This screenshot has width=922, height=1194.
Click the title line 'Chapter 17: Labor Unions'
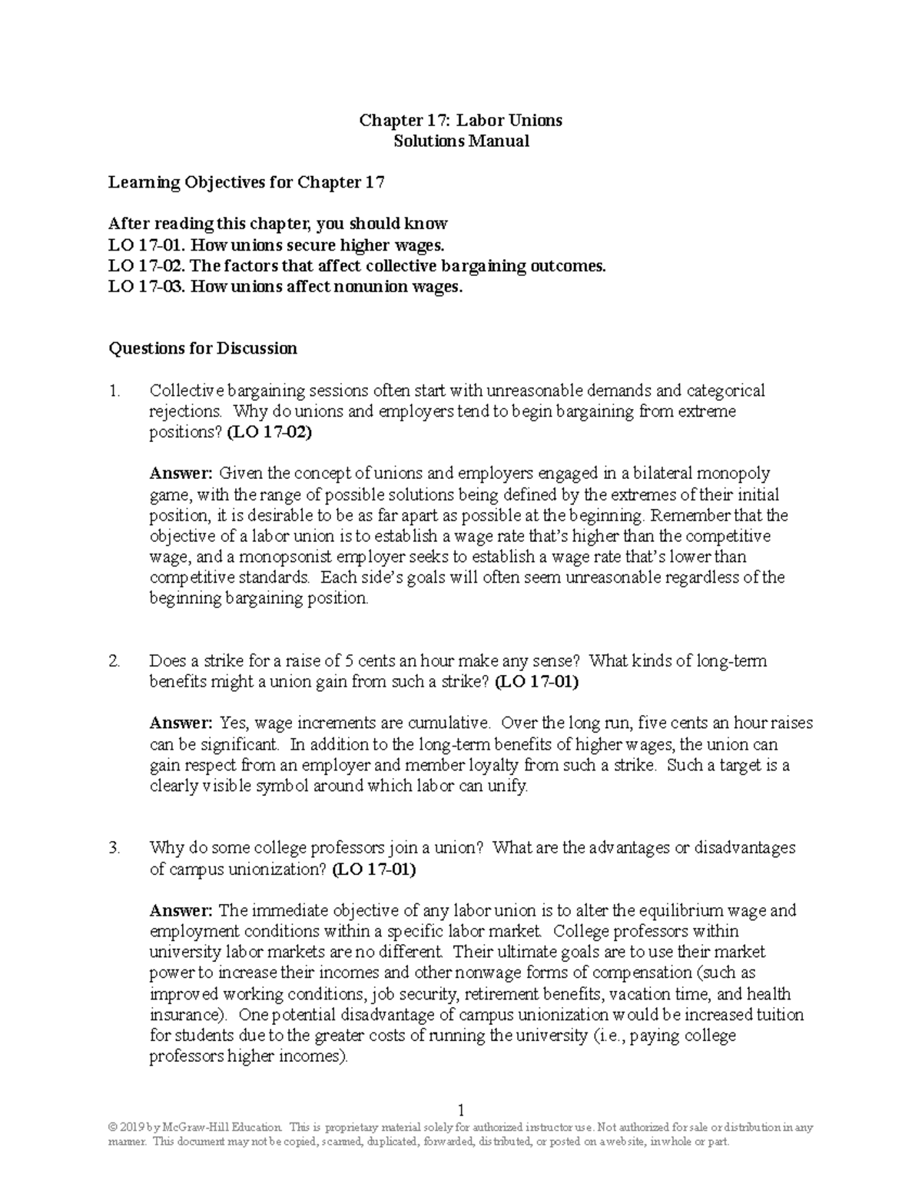tap(461, 120)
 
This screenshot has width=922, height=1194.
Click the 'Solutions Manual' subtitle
tap(461, 141)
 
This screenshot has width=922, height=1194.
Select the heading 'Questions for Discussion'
tap(203, 348)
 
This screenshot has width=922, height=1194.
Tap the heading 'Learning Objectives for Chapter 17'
tap(246, 182)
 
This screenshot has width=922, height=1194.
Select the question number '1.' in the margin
tap(115, 391)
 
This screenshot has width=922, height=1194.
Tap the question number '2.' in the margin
tap(115, 660)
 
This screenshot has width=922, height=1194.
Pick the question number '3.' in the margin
tap(115, 848)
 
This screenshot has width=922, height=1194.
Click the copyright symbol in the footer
tap(114, 1128)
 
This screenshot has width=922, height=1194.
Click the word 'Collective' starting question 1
tap(184, 391)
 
